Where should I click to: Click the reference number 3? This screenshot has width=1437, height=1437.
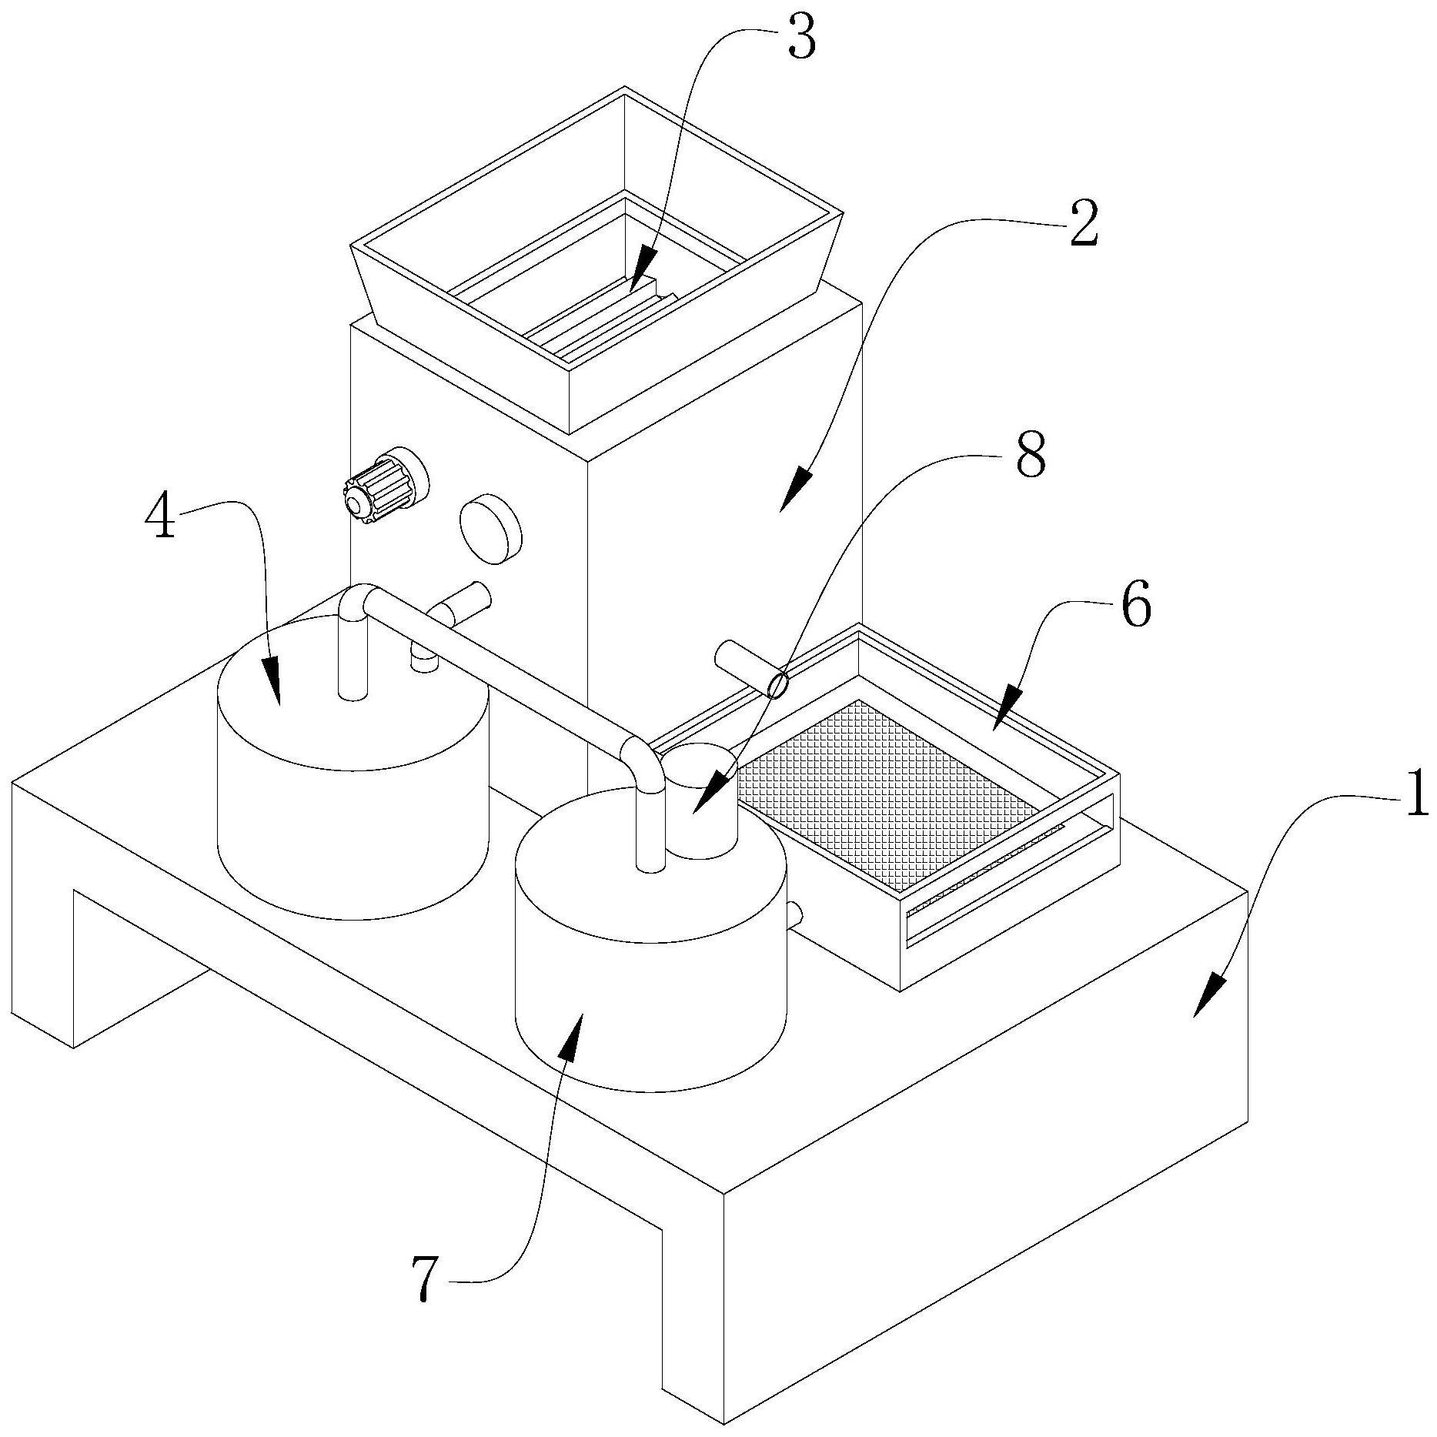pos(800,40)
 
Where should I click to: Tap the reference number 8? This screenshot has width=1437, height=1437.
pos(1031,456)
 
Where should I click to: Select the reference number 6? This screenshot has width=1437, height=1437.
pos(1136,606)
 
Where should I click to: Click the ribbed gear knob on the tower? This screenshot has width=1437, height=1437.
pos(386,485)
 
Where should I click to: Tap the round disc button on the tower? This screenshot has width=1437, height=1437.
pos(490,528)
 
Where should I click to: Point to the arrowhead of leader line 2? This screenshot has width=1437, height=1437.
pos(797,490)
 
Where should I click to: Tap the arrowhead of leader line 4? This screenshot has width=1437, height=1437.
pos(274,680)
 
